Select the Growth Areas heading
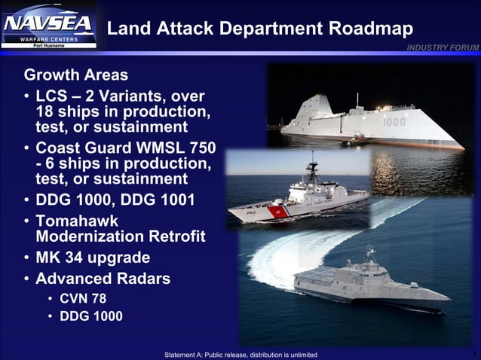pyautogui.click(x=75, y=76)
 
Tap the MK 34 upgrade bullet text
pyautogui.click(x=93, y=257)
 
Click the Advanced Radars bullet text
pyautogui.click(x=103, y=279)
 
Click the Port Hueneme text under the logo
pyautogui.click(x=49, y=47)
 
